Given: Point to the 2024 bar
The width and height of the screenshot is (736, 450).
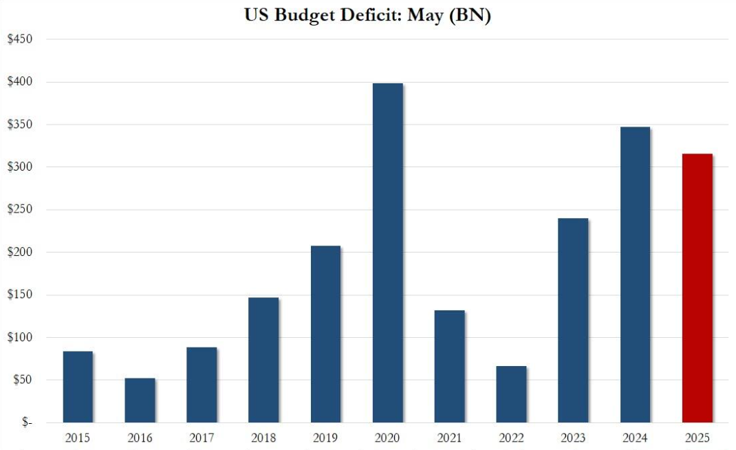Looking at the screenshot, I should (635, 275).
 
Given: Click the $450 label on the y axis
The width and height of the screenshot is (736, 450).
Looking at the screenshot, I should (19, 39).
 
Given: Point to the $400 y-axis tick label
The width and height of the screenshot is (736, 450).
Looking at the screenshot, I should (19, 82).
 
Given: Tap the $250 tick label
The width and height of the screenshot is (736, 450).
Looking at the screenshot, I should (19, 210).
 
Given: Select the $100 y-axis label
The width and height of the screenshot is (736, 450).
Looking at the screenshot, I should (19, 338).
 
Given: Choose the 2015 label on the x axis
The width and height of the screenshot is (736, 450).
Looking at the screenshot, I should (78, 438).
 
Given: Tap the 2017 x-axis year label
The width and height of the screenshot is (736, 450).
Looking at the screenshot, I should (202, 438).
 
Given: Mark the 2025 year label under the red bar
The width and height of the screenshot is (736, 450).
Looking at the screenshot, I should (697, 438).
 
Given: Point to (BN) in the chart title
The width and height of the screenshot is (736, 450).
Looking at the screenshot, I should (470, 16).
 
